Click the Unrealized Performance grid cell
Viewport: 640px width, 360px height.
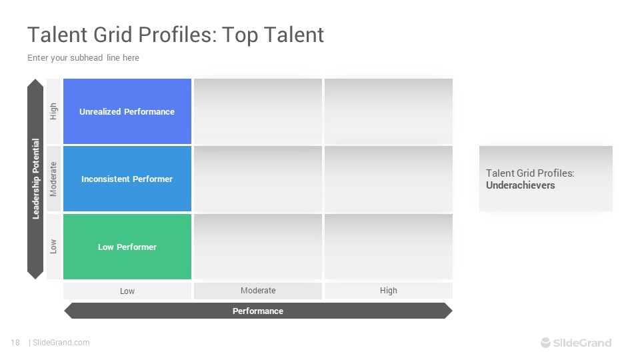[x=127, y=111]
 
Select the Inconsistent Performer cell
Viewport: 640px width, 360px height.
[x=127, y=179]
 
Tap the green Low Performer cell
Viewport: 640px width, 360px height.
[x=127, y=247]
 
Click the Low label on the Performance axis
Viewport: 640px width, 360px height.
[x=127, y=291]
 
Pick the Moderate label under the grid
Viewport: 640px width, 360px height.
[x=258, y=291]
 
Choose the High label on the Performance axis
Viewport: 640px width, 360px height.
[x=389, y=291]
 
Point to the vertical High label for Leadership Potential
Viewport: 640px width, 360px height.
[x=53, y=111]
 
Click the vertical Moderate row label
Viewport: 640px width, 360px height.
[x=53, y=179]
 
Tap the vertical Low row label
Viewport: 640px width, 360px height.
[x=53, y=247]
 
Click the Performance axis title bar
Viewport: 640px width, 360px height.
[x=258, y=311]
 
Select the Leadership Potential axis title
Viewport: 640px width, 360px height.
[x=35, y=179]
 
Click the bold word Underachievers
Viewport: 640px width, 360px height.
[x=521, y=185]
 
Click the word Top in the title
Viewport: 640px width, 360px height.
[x=240, y=35]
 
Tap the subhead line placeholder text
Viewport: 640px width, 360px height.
[x=83, y=58]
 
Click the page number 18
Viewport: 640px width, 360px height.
[x=15, y=343]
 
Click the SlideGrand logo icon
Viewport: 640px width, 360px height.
[x=546, y=343]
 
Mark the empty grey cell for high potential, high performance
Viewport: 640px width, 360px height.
[x=389, y=111]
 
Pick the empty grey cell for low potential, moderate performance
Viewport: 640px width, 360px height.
[x=258, y=247]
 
